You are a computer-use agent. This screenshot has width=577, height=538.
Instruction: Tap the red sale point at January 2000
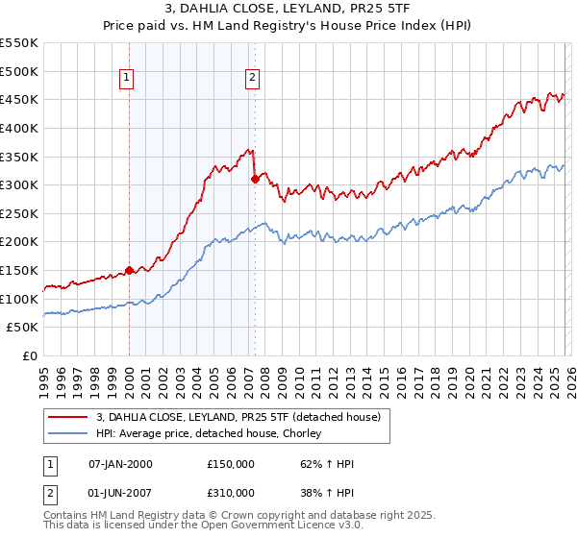pyautogui.click(x=129, y=271)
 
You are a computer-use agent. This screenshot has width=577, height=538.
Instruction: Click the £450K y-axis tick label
pyautogui.click(x=20, y=99)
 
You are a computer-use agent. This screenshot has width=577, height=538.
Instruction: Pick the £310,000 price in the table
pyautogui.click(x=231, y=493)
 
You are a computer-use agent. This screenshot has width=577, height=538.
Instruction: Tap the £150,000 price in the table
pyautogui.click(x=231, y=464)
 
